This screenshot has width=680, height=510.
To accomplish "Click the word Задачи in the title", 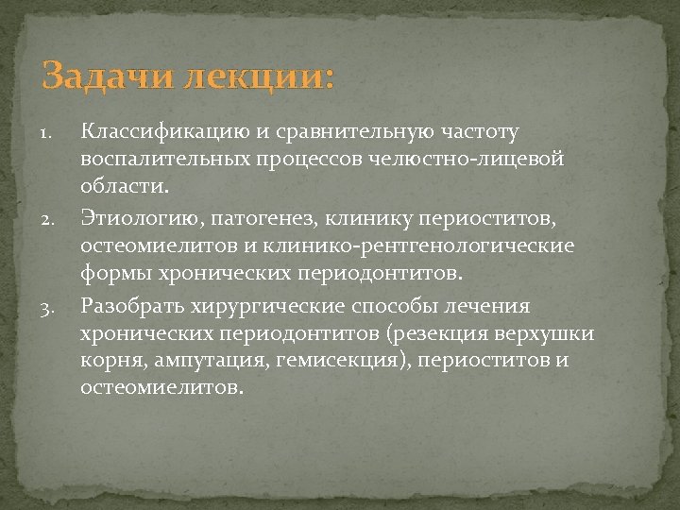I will [x=98, y=75].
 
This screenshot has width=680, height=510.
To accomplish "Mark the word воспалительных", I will [x=165, y=158].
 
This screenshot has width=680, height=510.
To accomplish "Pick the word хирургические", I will [x=280, y=307].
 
